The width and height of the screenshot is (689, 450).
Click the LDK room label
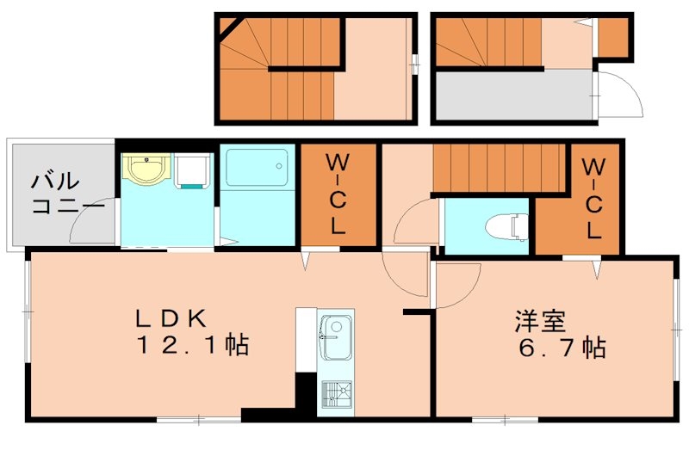tap(170, 318)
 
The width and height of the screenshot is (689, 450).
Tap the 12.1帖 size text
tap(190, 347)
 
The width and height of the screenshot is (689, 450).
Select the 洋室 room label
tap(540, 321)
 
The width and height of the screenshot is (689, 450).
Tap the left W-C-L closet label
tap(338, 195)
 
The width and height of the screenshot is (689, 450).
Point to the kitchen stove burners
tap(335, 395)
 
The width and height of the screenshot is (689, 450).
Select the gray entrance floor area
tap(513, 95)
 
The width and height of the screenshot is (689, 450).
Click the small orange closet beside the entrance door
tap(612, 36)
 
